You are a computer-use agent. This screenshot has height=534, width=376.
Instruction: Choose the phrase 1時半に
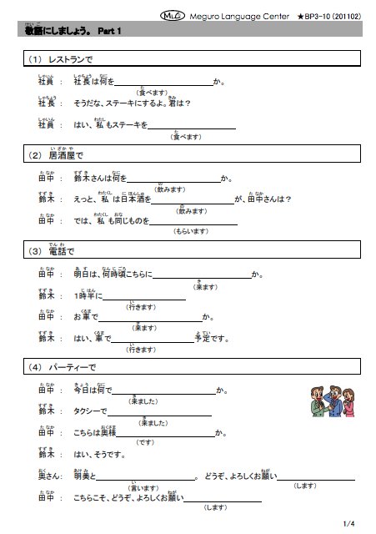click(88, 296)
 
